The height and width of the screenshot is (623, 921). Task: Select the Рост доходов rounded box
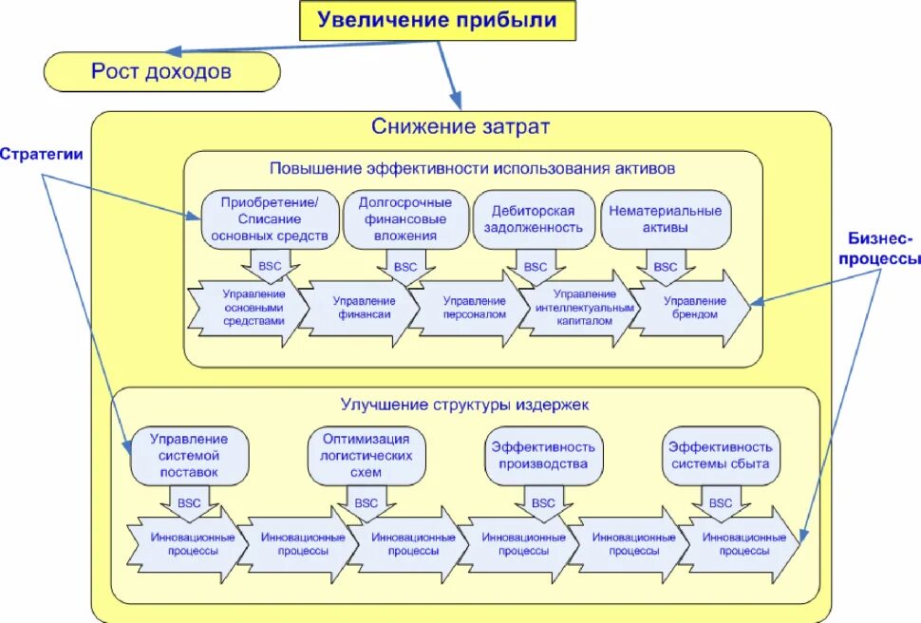pyautogui.click(x=161, y=71)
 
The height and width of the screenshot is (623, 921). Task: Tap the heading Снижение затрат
pyautogui.click(x=460, y=127)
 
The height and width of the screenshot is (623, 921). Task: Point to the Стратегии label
pyautogui.click(x=41, y=154)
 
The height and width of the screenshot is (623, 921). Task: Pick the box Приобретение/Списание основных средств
pyautogui.click(x=270, y=219)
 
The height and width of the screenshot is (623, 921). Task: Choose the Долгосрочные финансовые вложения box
pyautogui.click(x=404, y=219)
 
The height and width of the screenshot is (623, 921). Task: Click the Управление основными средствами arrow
pyautogui.click(x=252, y=308)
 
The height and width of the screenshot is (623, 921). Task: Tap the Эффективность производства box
pyautogui.click(x=544, y=455)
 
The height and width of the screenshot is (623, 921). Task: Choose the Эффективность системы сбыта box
pyautogui.click(x=721, y=455)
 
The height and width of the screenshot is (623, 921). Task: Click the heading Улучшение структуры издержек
pyautogui.click(x=465, y=404)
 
